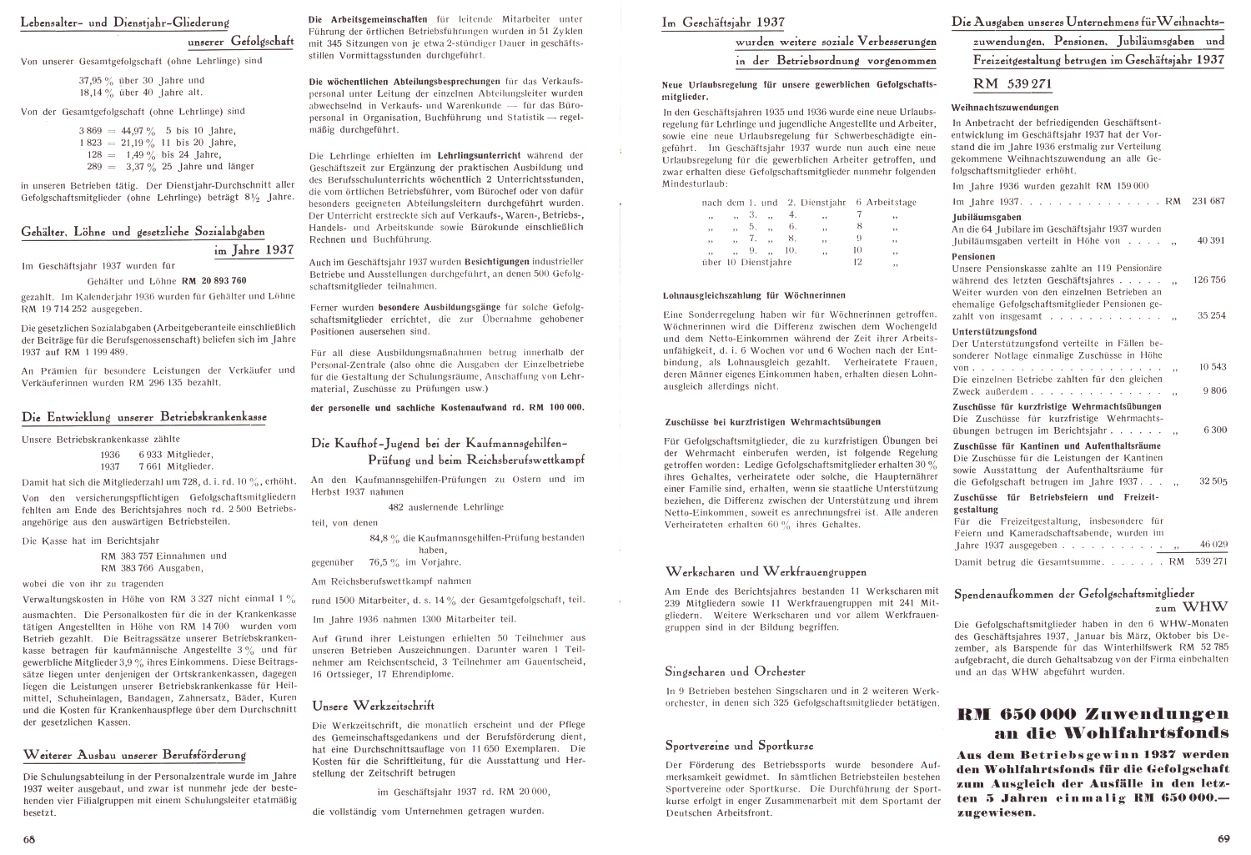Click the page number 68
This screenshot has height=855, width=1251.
29,837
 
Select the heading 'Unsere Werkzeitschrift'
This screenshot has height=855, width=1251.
373,705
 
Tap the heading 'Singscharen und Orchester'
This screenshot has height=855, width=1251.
735,671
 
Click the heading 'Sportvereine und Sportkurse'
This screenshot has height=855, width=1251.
739,745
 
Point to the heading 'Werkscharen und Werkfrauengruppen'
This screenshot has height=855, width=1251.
766,572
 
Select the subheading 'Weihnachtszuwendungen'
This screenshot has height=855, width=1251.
1005,107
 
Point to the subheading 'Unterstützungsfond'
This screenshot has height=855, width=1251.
994,330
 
